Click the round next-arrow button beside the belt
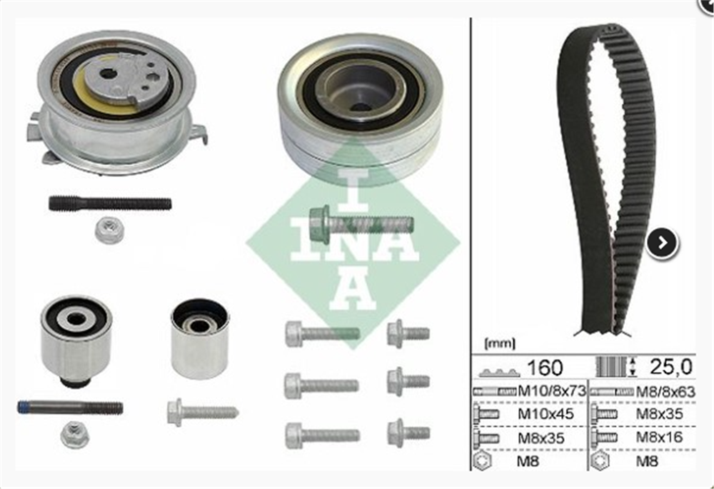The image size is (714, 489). [662, 243]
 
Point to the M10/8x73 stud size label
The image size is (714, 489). [550, 390]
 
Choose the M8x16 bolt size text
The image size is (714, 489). [659, 436]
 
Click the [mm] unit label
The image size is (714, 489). [499, 343]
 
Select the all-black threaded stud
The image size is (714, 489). [110, 203]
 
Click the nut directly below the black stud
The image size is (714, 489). [109, 231]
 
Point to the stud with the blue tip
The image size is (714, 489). [70, 408]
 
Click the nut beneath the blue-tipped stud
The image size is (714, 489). [74, 434]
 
